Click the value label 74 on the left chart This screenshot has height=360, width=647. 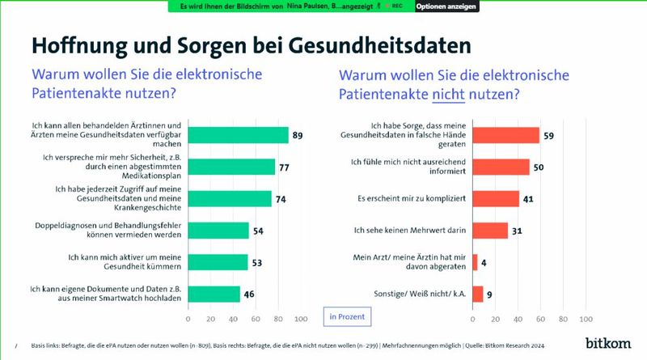tap(281, 199)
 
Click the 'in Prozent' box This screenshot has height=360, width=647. tap(347, 316)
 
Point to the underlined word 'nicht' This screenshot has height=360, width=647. tap(449, 95)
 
